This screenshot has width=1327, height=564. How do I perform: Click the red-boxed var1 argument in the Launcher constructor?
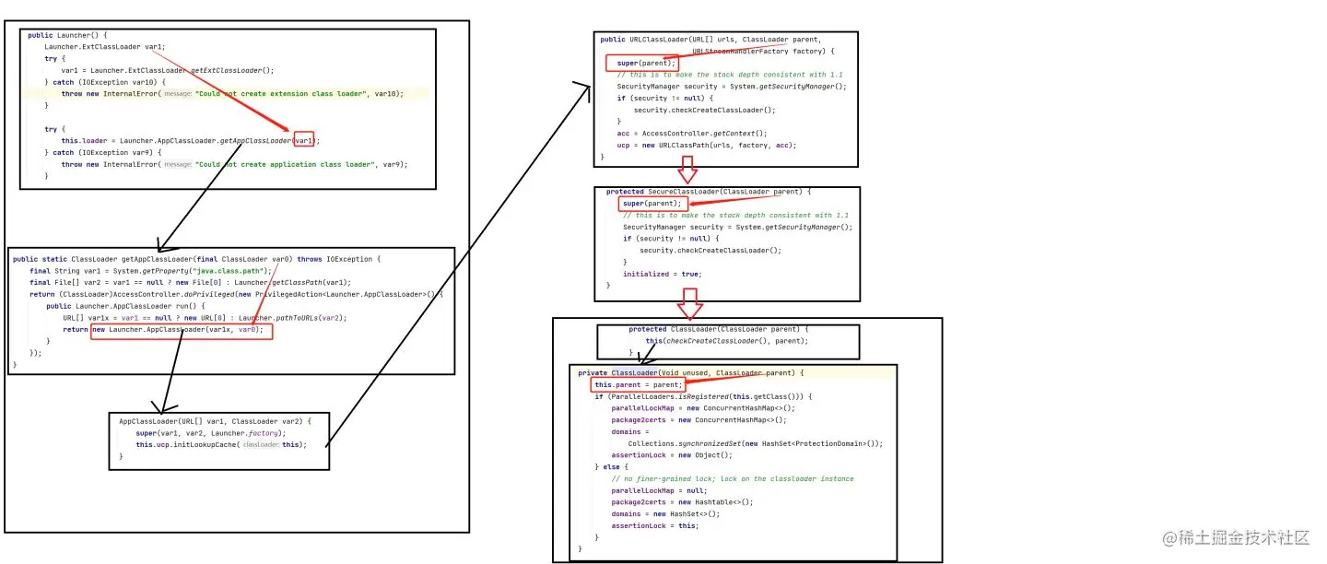click(304, 140)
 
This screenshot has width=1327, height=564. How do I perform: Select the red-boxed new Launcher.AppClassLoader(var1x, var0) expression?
click(182, 330)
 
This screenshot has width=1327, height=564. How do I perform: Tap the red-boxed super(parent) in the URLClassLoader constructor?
click(642, 63)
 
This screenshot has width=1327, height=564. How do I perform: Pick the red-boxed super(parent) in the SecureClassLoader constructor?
click(653, 203)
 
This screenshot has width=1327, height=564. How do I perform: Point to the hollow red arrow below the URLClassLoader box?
click(687, 170)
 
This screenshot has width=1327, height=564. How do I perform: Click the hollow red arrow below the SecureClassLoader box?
click(690, 302)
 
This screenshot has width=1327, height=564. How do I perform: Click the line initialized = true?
click(662, 274)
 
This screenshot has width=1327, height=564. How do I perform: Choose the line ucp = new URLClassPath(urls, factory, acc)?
click(706, 145)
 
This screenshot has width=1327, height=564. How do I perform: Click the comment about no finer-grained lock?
click(732, 478)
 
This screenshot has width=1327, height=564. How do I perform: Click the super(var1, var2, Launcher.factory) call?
click(210, 432)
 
